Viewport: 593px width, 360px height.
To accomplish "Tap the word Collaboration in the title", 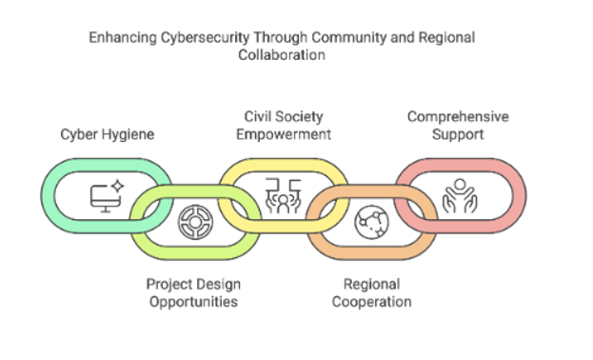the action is coord(281,55).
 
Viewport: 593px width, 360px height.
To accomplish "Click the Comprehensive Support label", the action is coord(458,125).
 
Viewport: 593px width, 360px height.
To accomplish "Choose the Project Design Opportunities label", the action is coord(191,292).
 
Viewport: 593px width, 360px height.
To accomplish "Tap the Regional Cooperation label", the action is coord(372,292).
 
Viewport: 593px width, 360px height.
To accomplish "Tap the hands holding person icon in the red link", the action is coord(459,196).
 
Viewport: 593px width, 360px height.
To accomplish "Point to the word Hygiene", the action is coord(129,134).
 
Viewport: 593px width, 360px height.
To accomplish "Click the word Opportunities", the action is coord(191,301).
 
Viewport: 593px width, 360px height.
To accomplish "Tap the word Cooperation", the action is coord(372,301).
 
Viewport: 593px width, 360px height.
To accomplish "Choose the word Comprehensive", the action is coord(458,116).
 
